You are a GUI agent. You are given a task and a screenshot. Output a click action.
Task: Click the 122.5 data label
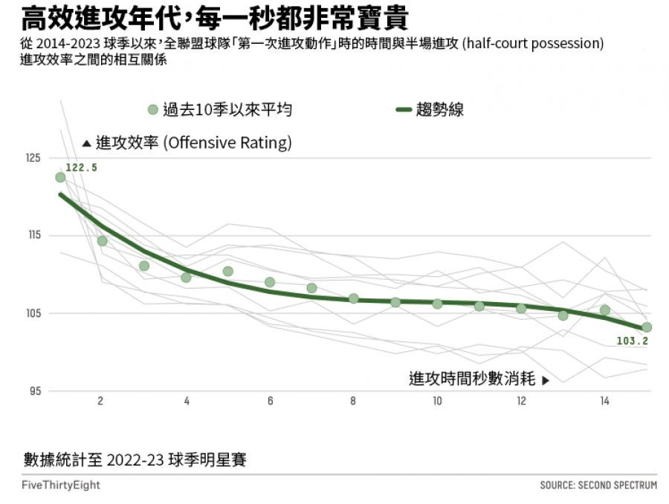tap(81, 168)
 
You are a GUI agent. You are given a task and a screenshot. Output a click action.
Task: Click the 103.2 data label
tap(633, 341)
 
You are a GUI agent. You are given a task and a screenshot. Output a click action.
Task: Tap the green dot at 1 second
tap(60, 177)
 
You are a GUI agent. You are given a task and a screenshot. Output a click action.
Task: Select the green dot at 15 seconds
tap(647, 327)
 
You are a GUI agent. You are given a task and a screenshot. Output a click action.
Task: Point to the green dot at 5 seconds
tap(227, 272)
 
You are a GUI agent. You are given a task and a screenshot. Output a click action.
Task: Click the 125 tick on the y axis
tap(32, 158)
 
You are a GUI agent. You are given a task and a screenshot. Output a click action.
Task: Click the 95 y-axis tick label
tap(34, 391)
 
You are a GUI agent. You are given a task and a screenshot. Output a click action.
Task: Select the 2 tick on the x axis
tap(100, 402)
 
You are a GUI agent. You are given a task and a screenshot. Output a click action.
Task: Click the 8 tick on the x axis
tap(353, 402)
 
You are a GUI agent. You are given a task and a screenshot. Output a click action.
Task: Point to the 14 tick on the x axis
tap(605, 402)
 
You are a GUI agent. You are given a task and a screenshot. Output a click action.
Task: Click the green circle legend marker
tap(153, 110)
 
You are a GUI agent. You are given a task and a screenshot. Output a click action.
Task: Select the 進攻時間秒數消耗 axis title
tap(473, 379)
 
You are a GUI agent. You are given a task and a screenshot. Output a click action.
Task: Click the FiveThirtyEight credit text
tap(61, 485)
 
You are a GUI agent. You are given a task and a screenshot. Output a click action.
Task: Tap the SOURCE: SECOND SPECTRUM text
tap(598, 485)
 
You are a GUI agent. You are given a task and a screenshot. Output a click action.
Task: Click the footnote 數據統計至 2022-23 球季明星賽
tap(135, 460)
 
